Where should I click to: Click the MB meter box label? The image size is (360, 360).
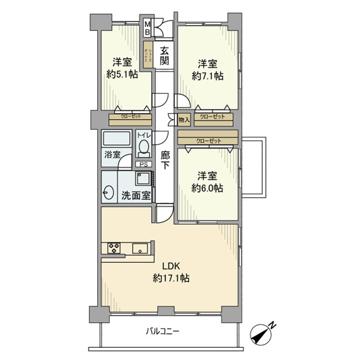147,28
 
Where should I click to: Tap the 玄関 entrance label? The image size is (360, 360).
165,55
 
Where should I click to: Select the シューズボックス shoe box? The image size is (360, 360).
148,55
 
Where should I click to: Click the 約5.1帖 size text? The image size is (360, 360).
122,75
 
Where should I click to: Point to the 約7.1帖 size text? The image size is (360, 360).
208,76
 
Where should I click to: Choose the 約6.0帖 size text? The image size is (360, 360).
207,188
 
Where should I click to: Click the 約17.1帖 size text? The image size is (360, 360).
171,278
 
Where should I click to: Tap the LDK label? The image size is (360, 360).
171,266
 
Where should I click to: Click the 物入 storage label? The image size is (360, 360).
184,120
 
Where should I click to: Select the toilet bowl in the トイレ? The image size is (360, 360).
144,147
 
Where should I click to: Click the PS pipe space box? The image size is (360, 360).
144,165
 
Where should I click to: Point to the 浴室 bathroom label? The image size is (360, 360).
113,154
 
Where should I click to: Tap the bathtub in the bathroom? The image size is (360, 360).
117,138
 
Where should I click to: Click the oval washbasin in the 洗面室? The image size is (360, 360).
108,192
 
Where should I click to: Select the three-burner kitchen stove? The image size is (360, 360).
114,248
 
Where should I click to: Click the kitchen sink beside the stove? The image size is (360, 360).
140,248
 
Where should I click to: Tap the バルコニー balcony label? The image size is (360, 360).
162,331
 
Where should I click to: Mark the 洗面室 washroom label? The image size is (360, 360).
136,195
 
